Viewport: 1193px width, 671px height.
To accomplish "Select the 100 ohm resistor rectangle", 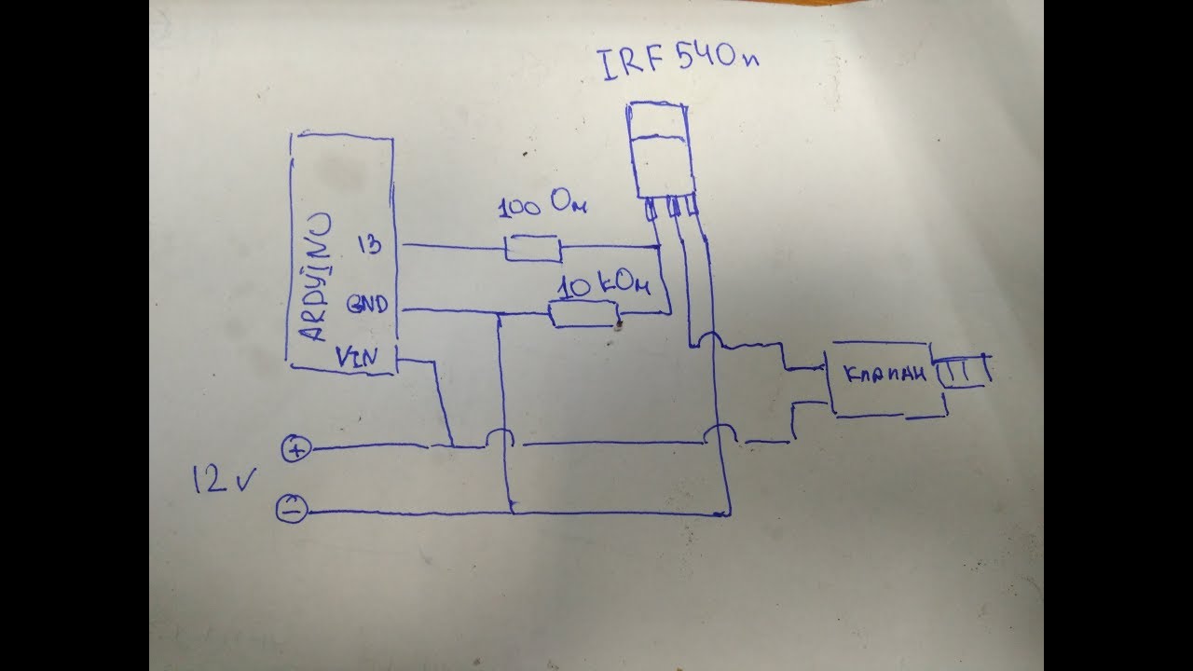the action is (x=533, y=248).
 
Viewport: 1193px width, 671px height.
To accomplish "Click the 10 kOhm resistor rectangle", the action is (x=584, y=314).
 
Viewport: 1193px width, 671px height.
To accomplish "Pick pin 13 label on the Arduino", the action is (x=370, y=244).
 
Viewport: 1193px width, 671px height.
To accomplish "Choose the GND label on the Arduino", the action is (x=367, y=305).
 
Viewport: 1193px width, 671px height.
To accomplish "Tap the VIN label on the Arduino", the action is (x=357, y=357).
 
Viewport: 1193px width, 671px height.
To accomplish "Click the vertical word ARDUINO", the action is (x=316, y=277).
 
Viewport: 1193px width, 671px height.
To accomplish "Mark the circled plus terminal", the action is (x=296, y=448).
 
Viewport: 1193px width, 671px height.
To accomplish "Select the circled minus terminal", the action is (x=292, y=509).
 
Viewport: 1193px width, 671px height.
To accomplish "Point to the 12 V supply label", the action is (x=224, y=479).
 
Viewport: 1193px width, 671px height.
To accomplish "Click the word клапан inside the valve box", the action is (x=885, y=375).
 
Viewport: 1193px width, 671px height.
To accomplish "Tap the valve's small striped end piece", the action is (x=962, y=370).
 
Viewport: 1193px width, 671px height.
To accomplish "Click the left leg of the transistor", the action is (x=650, y=210).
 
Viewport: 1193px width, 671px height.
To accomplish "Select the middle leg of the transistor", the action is (x=674, y=207).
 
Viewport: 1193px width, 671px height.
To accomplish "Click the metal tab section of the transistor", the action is (x=655, y=121).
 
